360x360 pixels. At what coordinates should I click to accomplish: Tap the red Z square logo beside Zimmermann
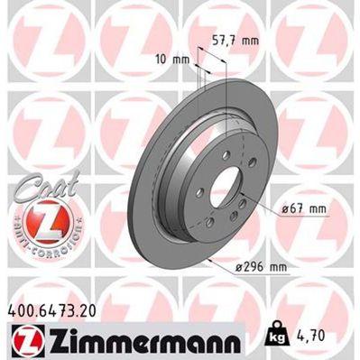pos(23,343)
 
